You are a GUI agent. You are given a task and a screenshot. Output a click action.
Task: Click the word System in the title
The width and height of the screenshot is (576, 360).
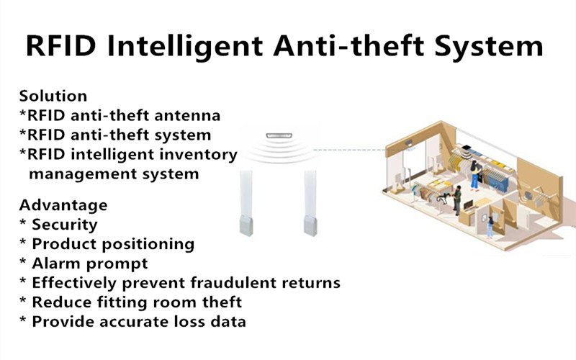coord(489,47)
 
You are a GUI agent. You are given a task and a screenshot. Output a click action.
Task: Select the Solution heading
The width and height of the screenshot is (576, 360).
coord(53,96)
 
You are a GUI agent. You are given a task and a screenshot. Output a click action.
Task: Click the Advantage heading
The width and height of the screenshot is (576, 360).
coord(63,205)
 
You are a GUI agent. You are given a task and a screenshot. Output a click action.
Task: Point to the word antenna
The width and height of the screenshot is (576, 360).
coord(187,115)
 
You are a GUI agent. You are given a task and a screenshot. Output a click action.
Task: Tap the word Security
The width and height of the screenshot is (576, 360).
coord(65,225)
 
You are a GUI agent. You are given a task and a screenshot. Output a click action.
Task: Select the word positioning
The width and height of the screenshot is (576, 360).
coord(148,244)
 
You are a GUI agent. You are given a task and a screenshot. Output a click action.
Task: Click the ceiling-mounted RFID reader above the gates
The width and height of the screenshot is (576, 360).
coord(279,135)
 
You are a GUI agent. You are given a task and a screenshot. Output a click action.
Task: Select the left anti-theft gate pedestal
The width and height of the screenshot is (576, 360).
coord(246,203)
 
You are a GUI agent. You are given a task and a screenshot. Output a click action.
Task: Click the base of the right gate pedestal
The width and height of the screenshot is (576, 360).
coord(310,225)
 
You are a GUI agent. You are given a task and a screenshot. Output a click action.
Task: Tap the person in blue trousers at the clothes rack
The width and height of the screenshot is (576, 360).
coord(475,175)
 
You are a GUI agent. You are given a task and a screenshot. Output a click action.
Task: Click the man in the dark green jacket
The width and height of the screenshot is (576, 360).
coord(456,200)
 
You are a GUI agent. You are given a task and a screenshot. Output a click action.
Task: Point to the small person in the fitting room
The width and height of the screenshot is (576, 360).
coord(490,228)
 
